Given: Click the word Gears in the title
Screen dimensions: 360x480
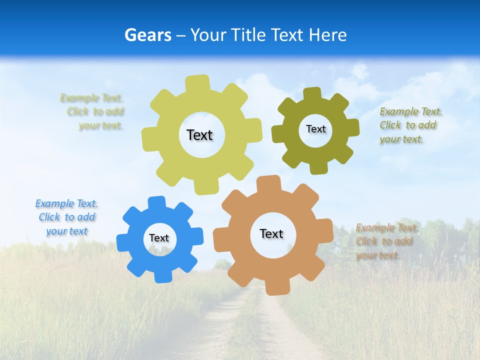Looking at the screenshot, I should (x=147, y=35).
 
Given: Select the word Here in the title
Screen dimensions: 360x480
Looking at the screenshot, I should (x=327, y=35).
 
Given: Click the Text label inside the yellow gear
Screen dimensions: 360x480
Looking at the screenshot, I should (x=199, y=135).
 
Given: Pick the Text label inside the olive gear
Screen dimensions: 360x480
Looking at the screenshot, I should (x=315, y=129).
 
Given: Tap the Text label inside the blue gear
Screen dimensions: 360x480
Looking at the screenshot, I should (x=159, y=238).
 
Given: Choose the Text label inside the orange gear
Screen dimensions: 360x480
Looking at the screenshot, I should (x=271, y=233).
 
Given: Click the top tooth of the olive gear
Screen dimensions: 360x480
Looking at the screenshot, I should (x=312, y=93).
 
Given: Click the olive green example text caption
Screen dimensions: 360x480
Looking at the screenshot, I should (x=410, y=125).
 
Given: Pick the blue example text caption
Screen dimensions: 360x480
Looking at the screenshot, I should (x=66, y=217).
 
